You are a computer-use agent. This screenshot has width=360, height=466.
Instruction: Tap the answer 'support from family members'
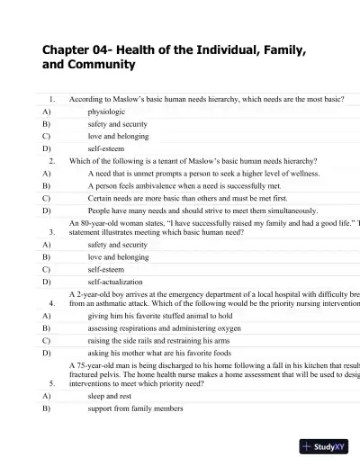tap(135, 408)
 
